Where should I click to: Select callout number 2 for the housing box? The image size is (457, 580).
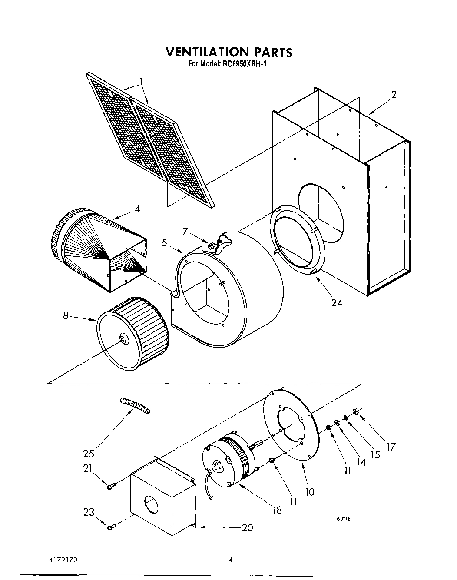pos(394,95)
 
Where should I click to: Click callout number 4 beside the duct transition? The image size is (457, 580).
pos(137,209)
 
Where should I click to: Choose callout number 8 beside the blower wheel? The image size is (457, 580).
pos(66,316)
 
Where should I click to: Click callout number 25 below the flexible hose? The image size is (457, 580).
pos(89,454)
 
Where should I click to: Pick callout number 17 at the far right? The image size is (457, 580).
pos(391,446)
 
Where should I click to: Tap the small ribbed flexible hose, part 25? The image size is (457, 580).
pos(135,405)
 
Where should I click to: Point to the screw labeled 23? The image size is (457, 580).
pos(111,527)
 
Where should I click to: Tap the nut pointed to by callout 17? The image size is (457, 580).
pos(355,411)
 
